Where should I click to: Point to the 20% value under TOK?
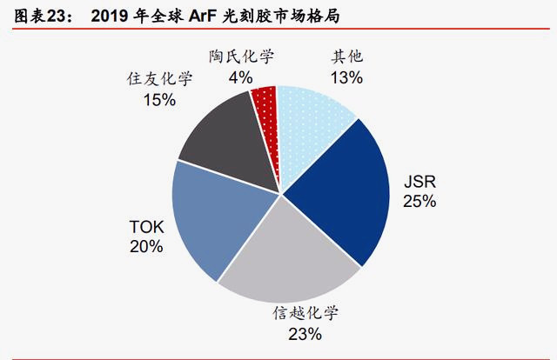(x=145, y=247)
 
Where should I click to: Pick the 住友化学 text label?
(x=159, y=80)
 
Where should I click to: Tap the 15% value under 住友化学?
(x=159, y=100)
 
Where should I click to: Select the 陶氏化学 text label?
(x=241, y=57)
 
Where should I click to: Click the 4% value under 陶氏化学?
(x=241, y=77)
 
